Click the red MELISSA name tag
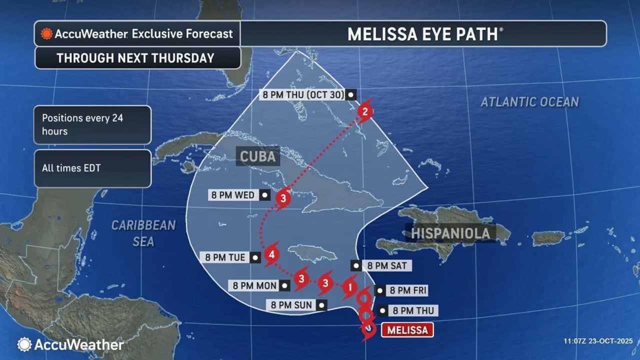point(407,330)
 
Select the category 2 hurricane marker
point(365,112)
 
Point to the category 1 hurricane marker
point(350,287)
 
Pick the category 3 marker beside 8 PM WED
point(283,198)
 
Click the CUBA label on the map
point(257,156)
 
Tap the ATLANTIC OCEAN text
point(529,102)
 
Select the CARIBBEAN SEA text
point(143,233)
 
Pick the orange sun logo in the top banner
point(47,34)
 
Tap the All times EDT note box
point(92,168)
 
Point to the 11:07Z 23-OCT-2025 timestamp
point(598,341)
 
